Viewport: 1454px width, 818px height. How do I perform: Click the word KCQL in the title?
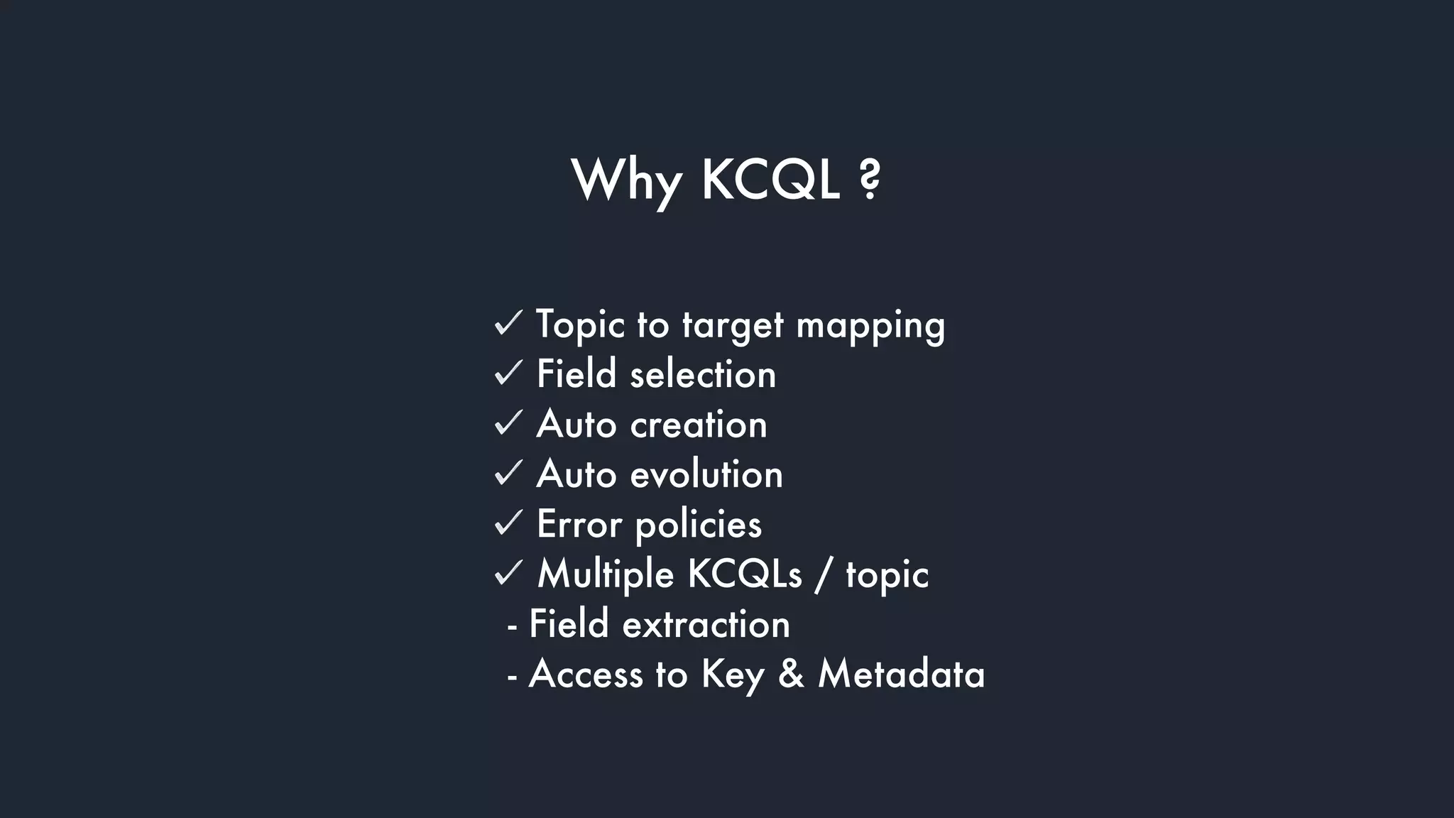coord(770,180)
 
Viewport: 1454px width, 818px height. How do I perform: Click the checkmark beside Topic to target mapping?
coord(508,323)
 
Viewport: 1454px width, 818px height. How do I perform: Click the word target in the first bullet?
coord(733,326)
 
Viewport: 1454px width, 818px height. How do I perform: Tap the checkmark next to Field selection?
coord(508,373)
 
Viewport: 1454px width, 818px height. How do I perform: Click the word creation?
coord(699,425)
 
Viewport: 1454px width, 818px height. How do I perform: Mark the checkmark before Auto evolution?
coord(508,473)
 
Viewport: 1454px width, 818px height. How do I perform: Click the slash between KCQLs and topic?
coord(823,574)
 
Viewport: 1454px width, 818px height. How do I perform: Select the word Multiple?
coord(606,574)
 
